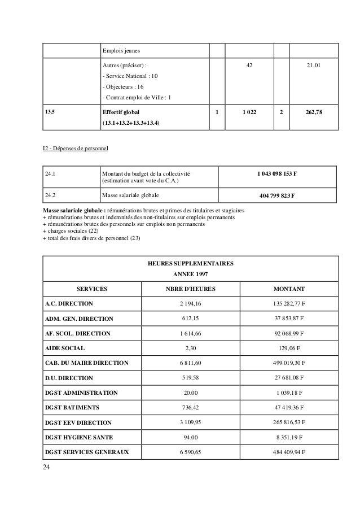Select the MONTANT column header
tap(289, 287)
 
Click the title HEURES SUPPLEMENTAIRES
tap(190, 264)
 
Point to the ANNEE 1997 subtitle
tap(190, 275)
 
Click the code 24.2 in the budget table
tap(51, 195)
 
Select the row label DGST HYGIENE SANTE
tap(80, 437)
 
